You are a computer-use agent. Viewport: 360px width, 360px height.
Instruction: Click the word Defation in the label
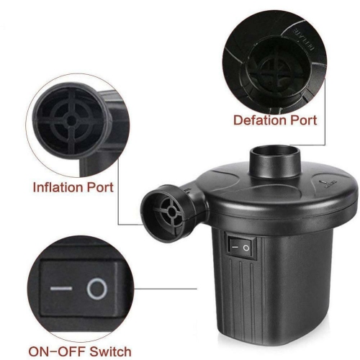coord(258,120)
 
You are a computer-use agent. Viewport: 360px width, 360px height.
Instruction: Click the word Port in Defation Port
coord(302,120)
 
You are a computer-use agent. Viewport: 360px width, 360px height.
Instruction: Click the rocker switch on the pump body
coord(239,247)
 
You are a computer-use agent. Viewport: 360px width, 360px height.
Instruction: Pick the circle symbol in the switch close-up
coord(96,289)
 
